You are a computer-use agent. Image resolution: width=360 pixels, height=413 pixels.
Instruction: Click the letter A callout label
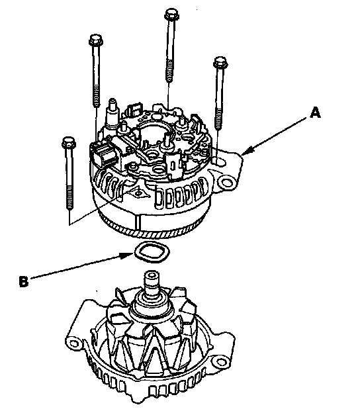315,113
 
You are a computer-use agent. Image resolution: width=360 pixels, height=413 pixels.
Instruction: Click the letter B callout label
23,281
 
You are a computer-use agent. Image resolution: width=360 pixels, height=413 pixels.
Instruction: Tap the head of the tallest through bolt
171,14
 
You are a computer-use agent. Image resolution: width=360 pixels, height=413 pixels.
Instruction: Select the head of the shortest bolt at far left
69,142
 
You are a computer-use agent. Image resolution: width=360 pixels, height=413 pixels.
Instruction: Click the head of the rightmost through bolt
220,62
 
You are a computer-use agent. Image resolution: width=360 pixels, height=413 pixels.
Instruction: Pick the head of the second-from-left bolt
96,40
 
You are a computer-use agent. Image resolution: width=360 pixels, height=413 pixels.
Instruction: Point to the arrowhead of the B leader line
128,255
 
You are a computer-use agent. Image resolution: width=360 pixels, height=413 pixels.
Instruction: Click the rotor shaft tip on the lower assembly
152,275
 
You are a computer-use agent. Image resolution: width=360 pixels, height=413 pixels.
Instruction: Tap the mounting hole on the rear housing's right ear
227,183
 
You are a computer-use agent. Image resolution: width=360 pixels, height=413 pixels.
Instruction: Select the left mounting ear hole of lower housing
74,343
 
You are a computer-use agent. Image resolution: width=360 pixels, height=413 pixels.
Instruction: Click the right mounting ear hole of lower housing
220,361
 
